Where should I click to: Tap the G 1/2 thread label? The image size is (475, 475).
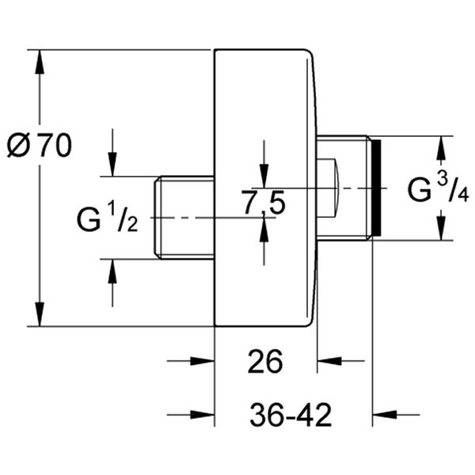[108, 218]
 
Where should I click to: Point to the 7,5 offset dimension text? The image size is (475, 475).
[264, 203]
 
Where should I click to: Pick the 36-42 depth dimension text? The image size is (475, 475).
[290, 415]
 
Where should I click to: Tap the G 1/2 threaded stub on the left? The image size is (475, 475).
[183, 218]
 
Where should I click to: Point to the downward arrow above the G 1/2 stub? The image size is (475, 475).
[112, 166]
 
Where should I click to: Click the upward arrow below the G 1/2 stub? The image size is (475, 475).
[112, 269]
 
